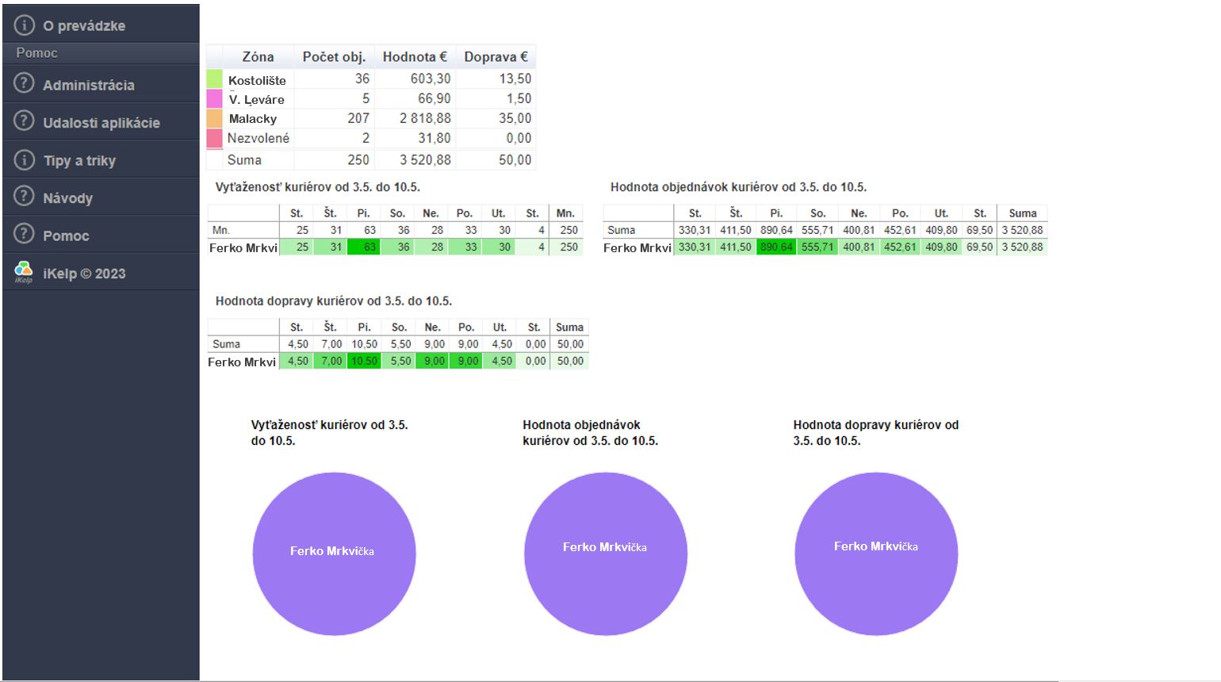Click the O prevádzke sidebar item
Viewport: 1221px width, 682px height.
(x=84, y=25)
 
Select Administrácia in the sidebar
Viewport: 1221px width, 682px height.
(x=88, y=85)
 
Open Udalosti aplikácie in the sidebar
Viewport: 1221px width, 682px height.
(x=101, y=123)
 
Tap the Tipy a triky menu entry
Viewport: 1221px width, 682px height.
(x=79, y=160)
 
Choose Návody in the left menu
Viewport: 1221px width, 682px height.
(x=67, y=198)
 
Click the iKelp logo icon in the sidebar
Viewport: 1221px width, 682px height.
(x=24, y=273)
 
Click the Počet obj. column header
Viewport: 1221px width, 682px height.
(x=334, y=57)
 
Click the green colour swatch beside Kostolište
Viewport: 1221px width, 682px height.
(x=214, y=79)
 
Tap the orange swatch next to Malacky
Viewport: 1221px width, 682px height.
(x=214, y=118)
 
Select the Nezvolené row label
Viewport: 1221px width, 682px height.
(x=258, y=138)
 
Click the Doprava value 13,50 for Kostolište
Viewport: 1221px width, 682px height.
(x=515, y=79)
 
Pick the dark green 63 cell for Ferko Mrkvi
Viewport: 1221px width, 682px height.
(x=364, y=247)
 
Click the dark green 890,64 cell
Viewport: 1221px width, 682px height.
(x=776, y=247)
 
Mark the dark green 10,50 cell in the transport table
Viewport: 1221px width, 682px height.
(x=365, y=361)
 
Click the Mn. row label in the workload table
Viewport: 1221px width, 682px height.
(x=220, y=230)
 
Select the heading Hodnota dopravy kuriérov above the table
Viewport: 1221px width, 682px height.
(x=333, y=301)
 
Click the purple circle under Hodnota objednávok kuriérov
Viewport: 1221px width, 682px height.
(x=605, y=554)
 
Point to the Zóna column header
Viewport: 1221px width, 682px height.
(x=258, y=57)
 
